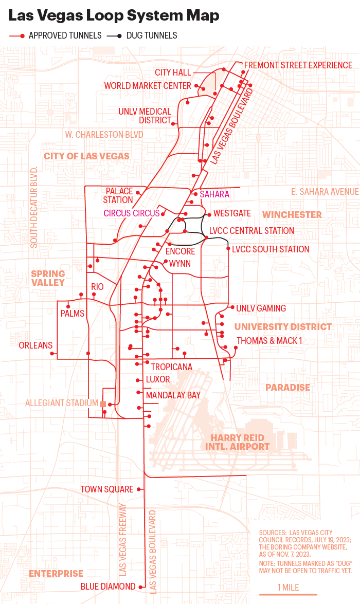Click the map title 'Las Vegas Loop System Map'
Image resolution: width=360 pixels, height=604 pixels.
coord(114,16)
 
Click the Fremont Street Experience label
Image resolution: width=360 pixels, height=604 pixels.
coord(298,65)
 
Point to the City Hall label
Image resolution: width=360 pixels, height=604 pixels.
coord(173,72)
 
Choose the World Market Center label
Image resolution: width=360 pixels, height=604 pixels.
coord(148,86)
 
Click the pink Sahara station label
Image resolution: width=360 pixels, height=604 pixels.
coord(214,194)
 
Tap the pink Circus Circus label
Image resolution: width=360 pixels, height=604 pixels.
coord(132,213)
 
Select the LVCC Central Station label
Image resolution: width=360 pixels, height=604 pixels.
coord(251,231)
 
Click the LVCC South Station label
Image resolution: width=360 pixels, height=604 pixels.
coord(271,249)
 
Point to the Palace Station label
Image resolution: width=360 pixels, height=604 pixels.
coord(119,195)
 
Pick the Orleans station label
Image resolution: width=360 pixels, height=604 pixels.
coord(35,345)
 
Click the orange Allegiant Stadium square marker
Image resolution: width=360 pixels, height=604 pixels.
coord(103,404)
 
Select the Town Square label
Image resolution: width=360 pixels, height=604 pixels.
coord(107,489)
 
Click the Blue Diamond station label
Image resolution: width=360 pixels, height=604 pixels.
coord(108,587)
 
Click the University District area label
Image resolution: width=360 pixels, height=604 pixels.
coord(283,327)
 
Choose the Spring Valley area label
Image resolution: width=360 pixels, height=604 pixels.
coord(48,278)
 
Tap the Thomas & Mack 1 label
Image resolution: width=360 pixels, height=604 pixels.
coord(269,341)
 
